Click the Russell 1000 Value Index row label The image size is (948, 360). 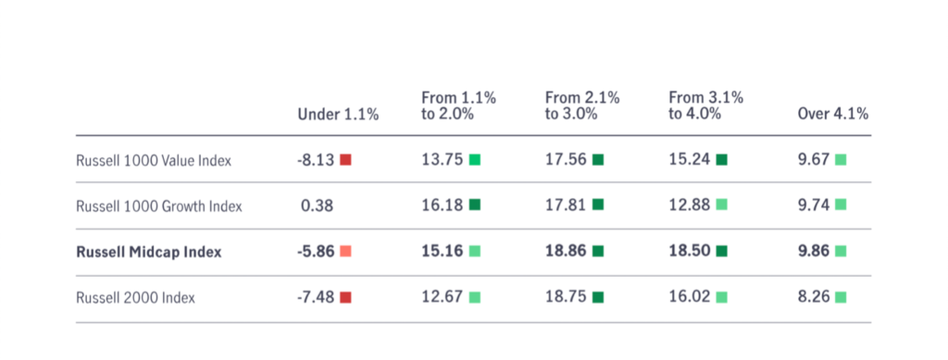tap(154, 161)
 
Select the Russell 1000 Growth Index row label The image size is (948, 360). tap(159, 206)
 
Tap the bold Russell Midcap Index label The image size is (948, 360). tap(149, 252)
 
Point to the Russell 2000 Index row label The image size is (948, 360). tap(135, 298)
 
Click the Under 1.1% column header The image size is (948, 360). tap(338, 114)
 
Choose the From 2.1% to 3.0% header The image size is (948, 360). tap(582, 106)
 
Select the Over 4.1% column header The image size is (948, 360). tap(833, 114)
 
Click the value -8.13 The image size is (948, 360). tap(316, 160)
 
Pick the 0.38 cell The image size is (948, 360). tap(317, 206)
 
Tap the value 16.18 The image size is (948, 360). tap(442, 205)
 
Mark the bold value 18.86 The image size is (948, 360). tap(566, 252)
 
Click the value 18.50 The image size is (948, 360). tap(689, 252)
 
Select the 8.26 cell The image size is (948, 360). tap(814, 297)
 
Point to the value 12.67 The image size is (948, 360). tap(442, 297)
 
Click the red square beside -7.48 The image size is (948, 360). tap(345, 297)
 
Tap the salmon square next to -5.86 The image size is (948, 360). tap(345, 252)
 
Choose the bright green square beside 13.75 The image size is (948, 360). tap(475, 160)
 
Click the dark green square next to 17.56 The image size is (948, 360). tap(598, 160)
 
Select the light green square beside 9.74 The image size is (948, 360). tap(841, 205)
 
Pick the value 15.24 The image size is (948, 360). tap(689, 160)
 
